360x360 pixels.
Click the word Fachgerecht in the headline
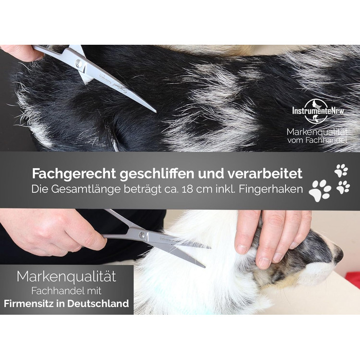click(74, 174)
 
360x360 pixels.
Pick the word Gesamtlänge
click(86, 190)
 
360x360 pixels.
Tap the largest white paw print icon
click(320, 191)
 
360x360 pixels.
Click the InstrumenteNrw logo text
click(318, 111)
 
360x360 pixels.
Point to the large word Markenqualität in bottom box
click(66, 277)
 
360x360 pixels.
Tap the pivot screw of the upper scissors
click(79, 62)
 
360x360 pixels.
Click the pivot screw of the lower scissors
click(142, 235)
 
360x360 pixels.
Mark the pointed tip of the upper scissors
click(156, 112)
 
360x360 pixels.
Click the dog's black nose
click(339, 255)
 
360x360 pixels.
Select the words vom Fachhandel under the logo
click(317, 140)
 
